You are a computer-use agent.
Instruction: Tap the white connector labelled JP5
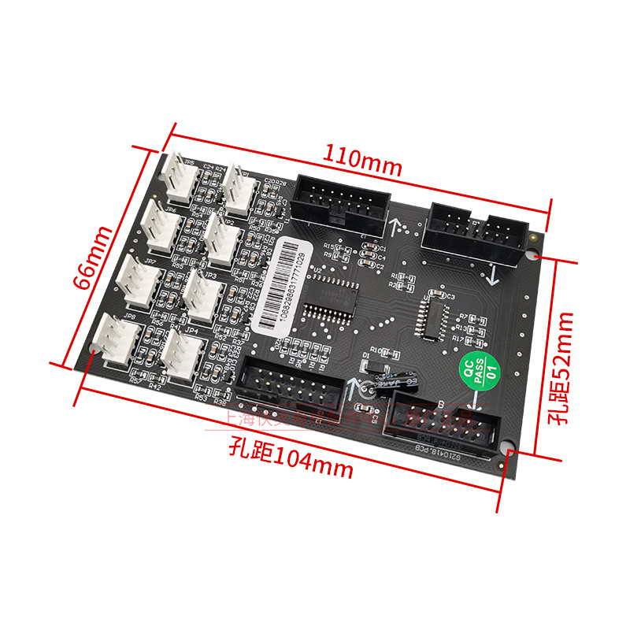pyautogui.click(x=178, y=178)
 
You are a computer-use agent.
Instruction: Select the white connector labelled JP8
pyautogui.click(x=113, y=340)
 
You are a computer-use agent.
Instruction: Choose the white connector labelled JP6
pyautogui.click(x=162, y=227)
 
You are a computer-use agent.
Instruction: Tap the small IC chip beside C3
pyautogui.click(x=433, y=318)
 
